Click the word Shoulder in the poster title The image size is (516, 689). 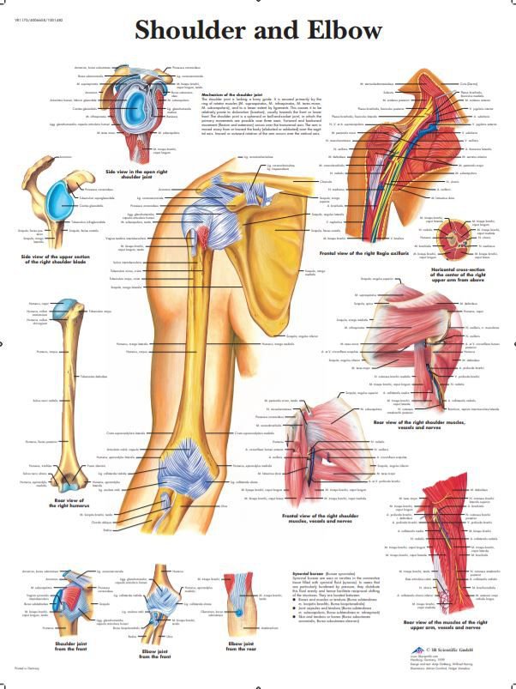pos(196,31)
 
